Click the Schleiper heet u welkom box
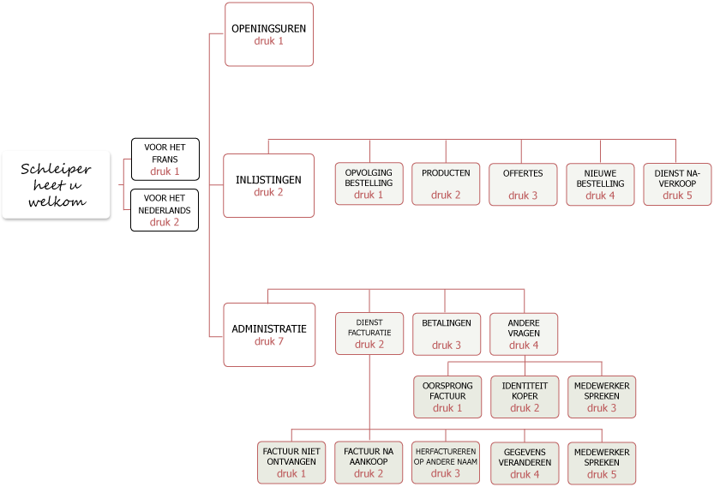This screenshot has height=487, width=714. pyautogui.click(x=56, y=184)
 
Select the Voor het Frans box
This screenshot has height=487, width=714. pyautogui.click(x=165, y=159)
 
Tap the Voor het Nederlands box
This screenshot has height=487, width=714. pyautogui.click(x=165, y=210)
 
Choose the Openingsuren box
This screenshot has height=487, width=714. pyautogui.click(x=268, y=34)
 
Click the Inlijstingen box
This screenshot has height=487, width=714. pyautogui.click(x=268, y=185)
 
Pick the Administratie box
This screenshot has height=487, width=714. pyautogui.click(x=269, y=334)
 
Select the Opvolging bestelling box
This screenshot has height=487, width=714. pyautogui.click(x=369, y=183)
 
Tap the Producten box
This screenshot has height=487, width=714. pyautogui.click(x=446, y=183)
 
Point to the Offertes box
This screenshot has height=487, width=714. pyautogui.click(x=524, y=183)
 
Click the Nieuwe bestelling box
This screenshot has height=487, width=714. pyautogui.click(x=600, y=183)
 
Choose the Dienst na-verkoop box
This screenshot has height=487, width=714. pyautogui.click(x=677, y=183)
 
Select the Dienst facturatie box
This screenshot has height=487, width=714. pyautogui.click(x=369, y=334)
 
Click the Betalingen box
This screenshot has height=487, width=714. pyautogui.click(x=447, y=334)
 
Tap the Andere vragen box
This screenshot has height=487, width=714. pyautogui.click(x=524, y=334)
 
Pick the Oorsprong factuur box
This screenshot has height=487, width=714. pyautogui.click(x=447, y=396)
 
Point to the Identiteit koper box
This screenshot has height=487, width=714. pyautogui.click(x=524, y=396)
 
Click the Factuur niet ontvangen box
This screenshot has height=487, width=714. pyautogui.click(x=291, y=462)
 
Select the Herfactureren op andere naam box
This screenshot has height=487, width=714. pyautogui.click(x=446, y=462)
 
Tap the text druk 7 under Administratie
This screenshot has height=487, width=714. pyautogui.click(x=269, y=341)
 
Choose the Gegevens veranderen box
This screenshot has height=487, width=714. pyautogui.click(x=524, y=462)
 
